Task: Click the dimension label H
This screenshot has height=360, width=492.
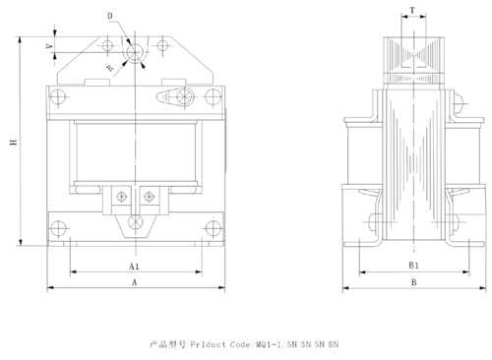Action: tap(14, 142)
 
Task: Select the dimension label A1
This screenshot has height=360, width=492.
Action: tap(134, 267)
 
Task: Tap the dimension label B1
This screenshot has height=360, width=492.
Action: tap(413, 266)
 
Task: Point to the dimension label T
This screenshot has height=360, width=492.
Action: tap(412, 11)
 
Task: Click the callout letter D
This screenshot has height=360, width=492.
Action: tap(110, 16)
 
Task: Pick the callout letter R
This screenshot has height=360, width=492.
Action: tap(110, 68)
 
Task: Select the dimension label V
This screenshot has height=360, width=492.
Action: tap(49, 46)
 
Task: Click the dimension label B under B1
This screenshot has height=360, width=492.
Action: tap(414, 282)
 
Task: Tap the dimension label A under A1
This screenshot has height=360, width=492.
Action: tap(134, 282)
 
